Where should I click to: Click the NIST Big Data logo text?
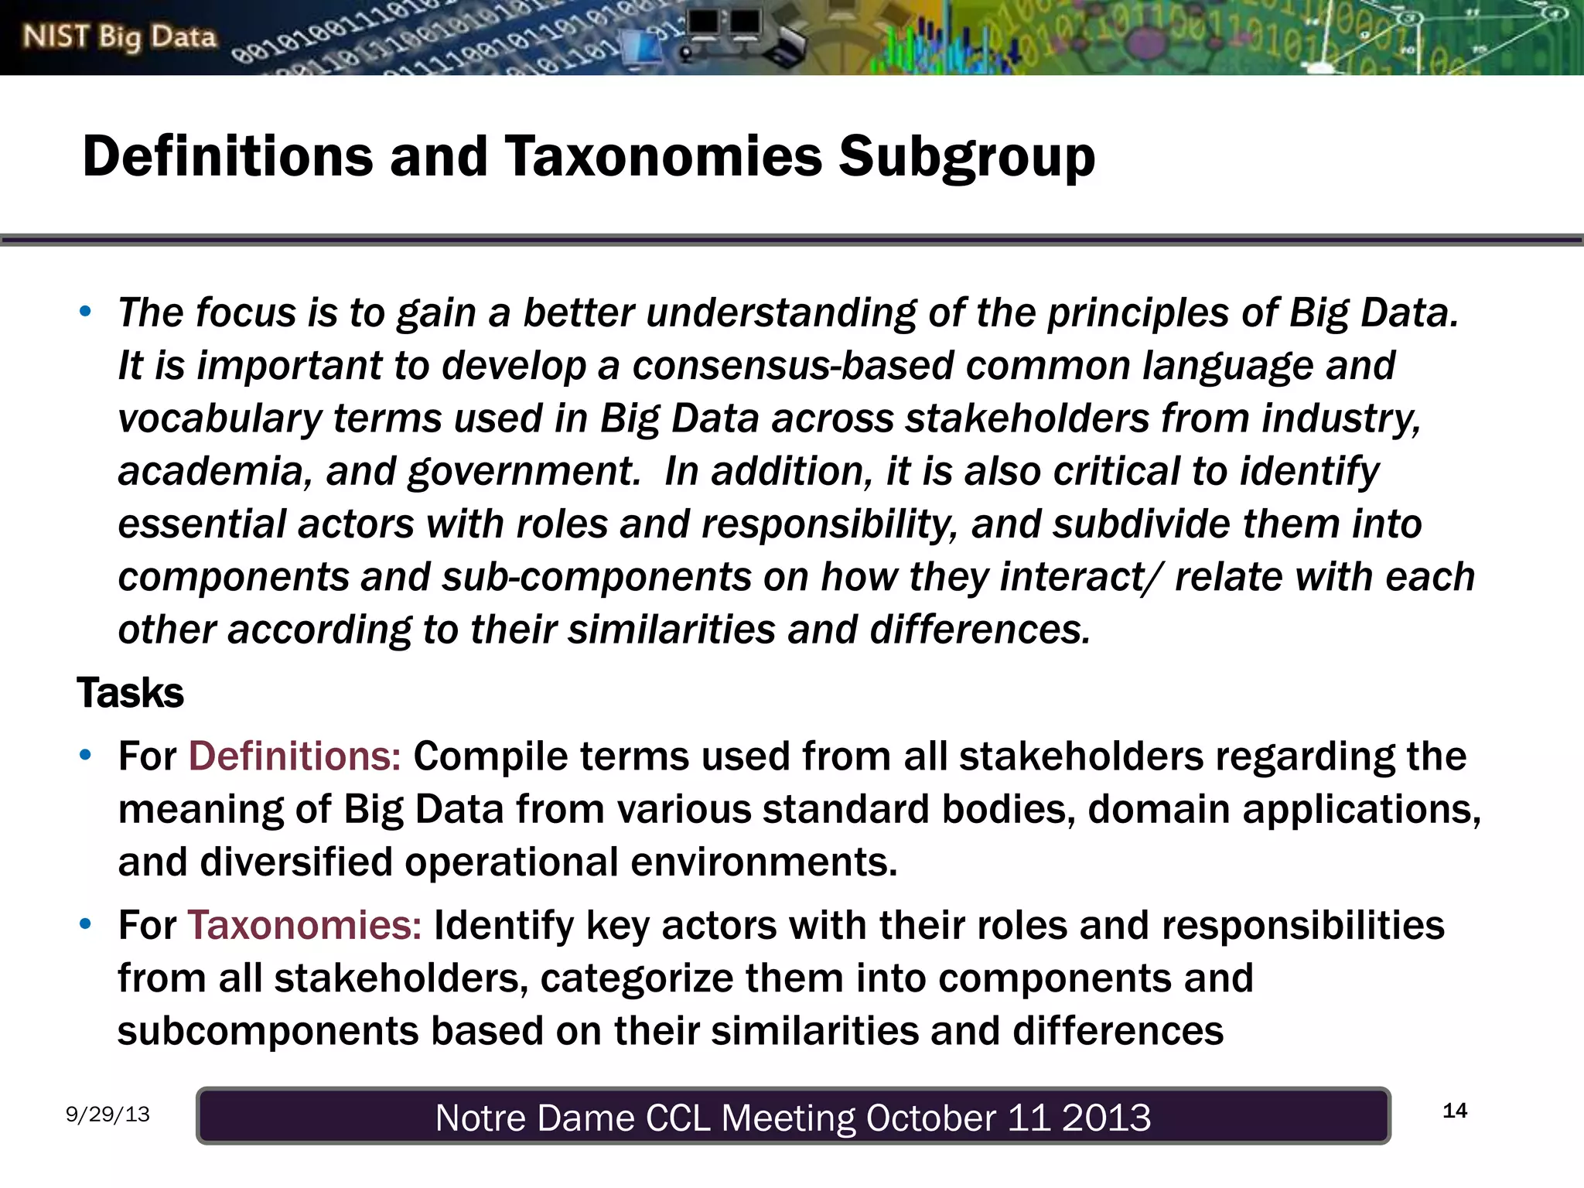click(x=119, y=36)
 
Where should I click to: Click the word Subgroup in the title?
click(x=967, y=157)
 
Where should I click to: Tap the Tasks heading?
click(x=130, y=692)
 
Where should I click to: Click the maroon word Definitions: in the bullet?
click(x=295, y=756)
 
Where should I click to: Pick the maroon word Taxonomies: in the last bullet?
click(x=305, y=926)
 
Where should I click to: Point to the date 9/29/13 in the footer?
click(x=108, y=1115)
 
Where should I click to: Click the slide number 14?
click(x=1455, y=1111)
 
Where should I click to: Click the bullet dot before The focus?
click(x=85, y=312)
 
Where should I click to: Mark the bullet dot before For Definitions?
click(x=85, y=756)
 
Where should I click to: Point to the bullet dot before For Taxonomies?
click(x=85, y=925)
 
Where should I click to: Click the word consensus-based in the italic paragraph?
click(x=793, y=365)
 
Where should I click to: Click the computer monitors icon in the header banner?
click(x=724, y=25)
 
